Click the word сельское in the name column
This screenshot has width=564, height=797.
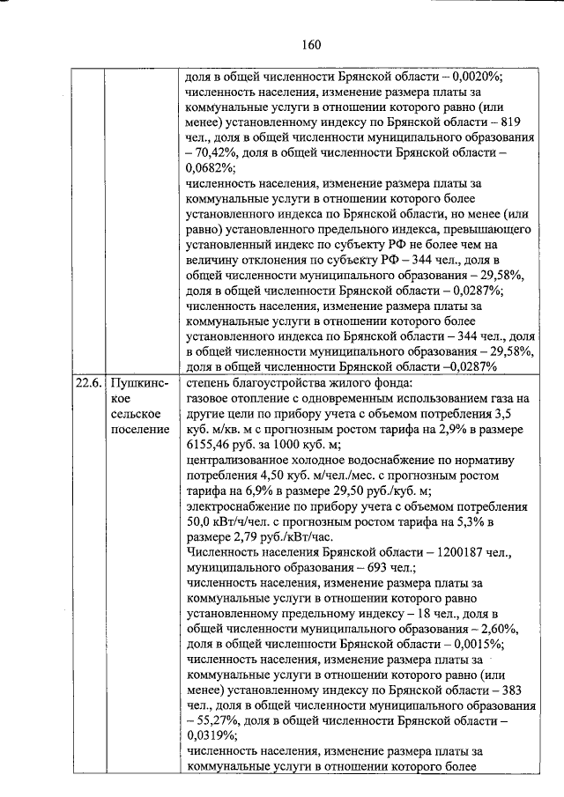point(136,415)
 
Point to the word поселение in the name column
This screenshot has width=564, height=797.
point(141,430)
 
